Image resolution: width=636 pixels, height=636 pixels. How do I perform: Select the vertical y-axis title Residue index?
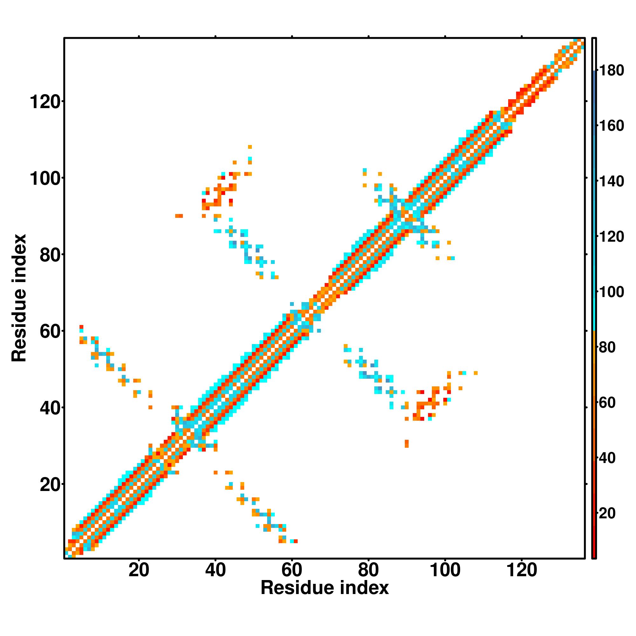[x=19, y=298]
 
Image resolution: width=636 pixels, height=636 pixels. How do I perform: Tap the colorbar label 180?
[x=612, y=71]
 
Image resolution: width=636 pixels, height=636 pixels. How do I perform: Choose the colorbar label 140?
[x=612, y=181]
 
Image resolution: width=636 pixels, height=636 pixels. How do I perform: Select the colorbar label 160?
[x=612, y=126]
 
